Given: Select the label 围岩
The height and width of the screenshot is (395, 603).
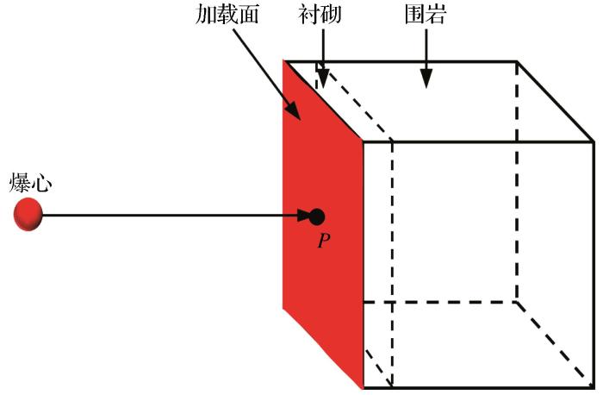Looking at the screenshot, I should click(x=425, y=16).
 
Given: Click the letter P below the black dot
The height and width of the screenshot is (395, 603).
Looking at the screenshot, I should click(x=323, y=241).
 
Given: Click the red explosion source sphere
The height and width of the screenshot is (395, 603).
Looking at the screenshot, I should click(x=28, y=214).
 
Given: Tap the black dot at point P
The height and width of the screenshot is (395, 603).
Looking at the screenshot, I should click(x=317, y=216).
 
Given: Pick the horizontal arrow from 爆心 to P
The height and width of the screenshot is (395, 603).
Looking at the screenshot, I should click(x=172, y=215).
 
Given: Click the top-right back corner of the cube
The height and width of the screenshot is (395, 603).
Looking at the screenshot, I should click(x=517, y=61).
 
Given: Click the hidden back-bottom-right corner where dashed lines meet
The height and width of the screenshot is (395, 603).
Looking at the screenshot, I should click(x=516, y=302).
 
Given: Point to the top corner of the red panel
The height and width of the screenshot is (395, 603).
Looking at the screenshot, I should click(x=285, y=61).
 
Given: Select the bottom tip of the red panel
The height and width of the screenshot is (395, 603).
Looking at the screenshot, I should click(x=363, y=387).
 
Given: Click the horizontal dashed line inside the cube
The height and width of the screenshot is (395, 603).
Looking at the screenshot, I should click(x=439, y=302).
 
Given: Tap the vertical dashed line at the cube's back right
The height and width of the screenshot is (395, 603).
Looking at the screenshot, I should click(x=516, y=181).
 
